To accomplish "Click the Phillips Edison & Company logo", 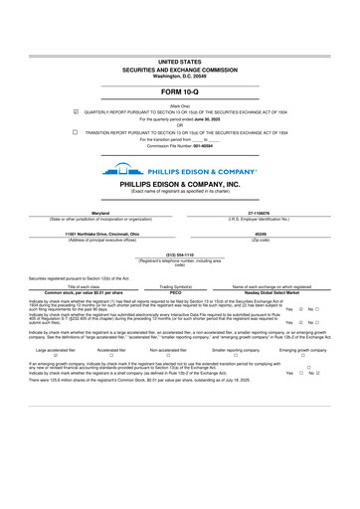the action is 179,170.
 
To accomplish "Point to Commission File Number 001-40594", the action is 179,146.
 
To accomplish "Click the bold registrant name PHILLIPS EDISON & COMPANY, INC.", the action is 179,184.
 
